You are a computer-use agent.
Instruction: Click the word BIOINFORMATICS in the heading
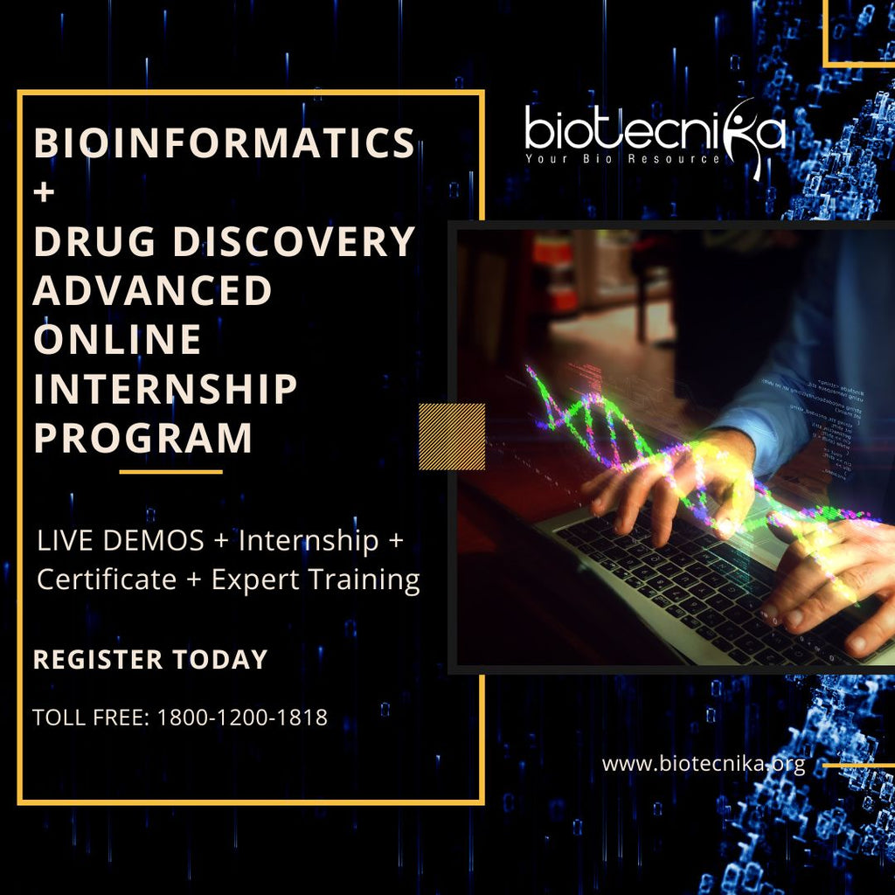(x=223, y=143)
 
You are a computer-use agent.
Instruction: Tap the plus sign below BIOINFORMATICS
(x=45, y=191)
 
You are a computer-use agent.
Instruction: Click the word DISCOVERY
(x=294, y=242)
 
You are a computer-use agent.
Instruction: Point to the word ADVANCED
(x=153, y=291)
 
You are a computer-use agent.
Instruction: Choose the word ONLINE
(x=117, y=340)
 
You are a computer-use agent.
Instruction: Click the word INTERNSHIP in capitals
(x=165, y=389)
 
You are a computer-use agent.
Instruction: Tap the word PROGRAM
(x=143, y=438)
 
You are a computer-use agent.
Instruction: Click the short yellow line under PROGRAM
(x=170, y=472)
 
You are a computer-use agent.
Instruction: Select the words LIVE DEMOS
(x=120, y=541)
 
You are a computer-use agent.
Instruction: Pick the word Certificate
(x=106, y=579)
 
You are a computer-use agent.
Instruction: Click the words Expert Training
(x=316, y=579)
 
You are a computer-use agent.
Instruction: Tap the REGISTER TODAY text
(x=149, y=659)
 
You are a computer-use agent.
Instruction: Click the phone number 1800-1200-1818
(x=242, y=718)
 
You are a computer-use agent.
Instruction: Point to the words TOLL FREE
(x=91, y=718)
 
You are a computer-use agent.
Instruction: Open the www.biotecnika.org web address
(x=703, y=765)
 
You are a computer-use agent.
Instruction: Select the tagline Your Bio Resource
(x=622, y=159)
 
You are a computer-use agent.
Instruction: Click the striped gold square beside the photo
(x=452, y=436)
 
